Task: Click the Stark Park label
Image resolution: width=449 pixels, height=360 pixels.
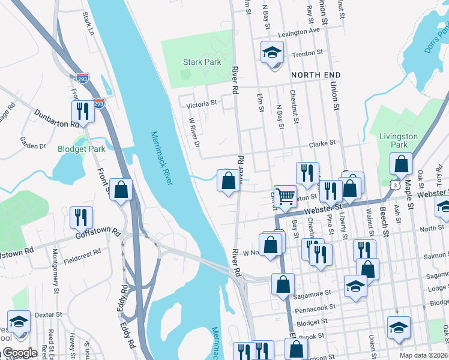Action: point(202,62)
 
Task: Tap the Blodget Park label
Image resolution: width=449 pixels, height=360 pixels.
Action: point(81,149)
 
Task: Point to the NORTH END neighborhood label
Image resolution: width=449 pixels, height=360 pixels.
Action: point(316,75)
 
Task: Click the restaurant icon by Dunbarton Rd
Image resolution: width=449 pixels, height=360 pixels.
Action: point(82,110)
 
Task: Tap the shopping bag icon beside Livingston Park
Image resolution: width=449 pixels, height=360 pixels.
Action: point(400,163)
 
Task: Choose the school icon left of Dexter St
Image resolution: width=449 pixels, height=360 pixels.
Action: point(19,321)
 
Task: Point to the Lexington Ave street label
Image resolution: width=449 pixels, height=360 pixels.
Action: point(299,31)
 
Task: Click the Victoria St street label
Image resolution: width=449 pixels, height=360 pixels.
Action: point(201,104)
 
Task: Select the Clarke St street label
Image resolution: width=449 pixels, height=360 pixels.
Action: point(322,144)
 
